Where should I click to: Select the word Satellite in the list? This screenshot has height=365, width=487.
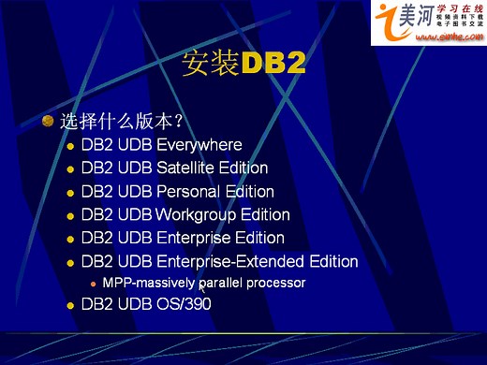click(191, 168)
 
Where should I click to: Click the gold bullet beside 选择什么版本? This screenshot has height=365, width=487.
click(49, 121)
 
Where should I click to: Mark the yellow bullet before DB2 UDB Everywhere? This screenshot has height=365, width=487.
click(70, 146)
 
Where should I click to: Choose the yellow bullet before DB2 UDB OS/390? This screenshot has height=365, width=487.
click(70, 305)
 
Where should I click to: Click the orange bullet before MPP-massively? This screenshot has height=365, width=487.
click(93, 283)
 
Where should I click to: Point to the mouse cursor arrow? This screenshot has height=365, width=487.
click(201, 287)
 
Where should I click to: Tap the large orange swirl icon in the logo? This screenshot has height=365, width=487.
click(388, 19)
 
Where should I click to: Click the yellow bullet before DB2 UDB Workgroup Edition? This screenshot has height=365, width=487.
click(70, 216)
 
